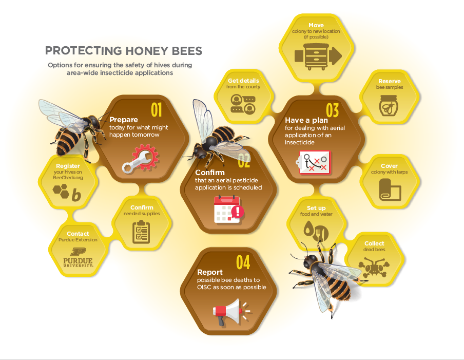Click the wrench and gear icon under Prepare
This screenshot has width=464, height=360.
[141, 158]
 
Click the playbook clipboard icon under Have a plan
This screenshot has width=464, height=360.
[313, 162]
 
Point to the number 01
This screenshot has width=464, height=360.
[156, 110]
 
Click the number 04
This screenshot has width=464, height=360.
[243, 262]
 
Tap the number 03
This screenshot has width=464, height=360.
[332, 110]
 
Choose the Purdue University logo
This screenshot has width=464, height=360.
[78, 257]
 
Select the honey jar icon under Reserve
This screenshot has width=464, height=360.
[389, 106]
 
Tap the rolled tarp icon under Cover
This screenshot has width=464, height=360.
[390, 190]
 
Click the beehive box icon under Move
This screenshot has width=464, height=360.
[318, 56]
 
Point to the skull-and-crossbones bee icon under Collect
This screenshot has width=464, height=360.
[374, 268]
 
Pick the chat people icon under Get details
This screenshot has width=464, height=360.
[243, 104]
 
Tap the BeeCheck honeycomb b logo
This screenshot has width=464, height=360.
[67, 193]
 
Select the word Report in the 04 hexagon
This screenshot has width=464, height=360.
[210, 272]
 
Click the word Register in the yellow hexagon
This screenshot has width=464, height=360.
[68, 166]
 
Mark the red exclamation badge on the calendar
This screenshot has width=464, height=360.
[238, 212]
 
